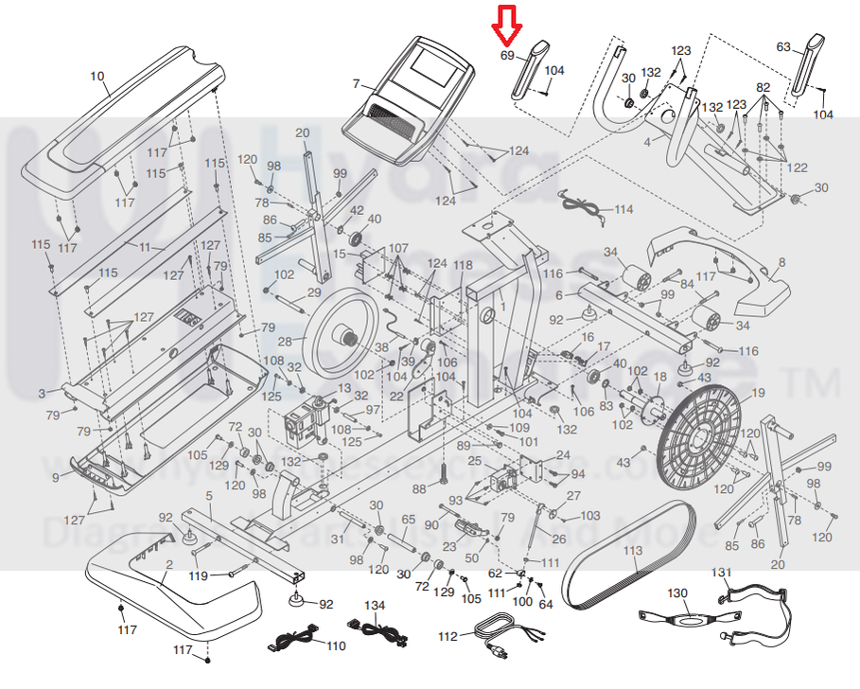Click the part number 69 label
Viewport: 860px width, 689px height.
click(507, 56)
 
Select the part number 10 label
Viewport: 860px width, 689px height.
click(97, 76)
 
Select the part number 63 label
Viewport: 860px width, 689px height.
click(783, 46)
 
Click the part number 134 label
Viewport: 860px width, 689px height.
click(375, 605)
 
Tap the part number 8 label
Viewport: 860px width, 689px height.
click(781, 261)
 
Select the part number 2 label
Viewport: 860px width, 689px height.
click(168, 565)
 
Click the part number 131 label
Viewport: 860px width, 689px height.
click(722, 572)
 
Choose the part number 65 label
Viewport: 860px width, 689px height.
click(409, 520)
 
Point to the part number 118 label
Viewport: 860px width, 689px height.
click(463, 264)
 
